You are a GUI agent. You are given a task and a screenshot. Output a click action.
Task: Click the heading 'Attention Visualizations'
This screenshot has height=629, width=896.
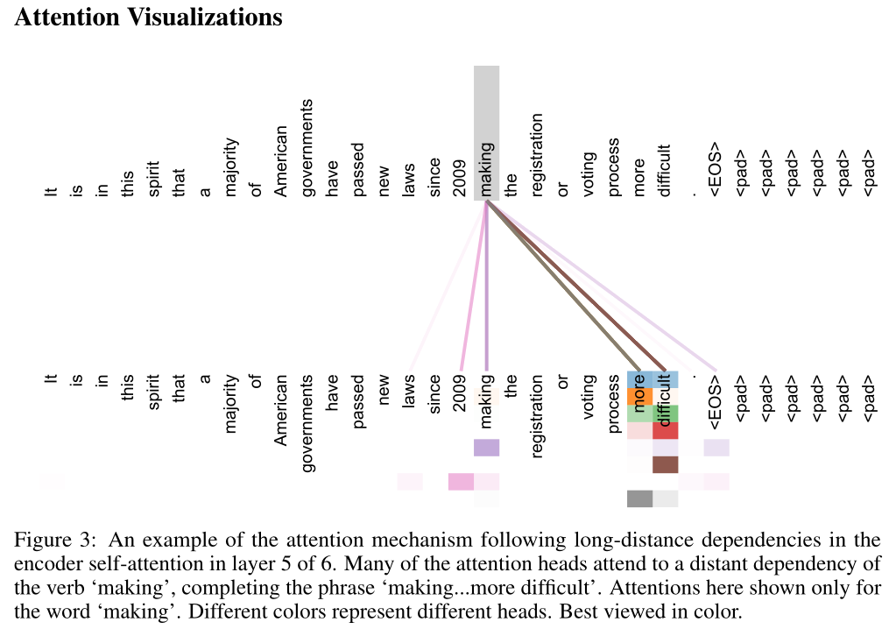tap(149, 17)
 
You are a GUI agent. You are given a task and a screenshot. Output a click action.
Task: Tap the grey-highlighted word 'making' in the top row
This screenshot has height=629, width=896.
tap(486, 166)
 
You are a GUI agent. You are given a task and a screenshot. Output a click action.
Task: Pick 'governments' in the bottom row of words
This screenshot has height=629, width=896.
tap(307, 423)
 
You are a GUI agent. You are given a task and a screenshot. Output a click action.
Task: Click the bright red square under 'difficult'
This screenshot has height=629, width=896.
tap(666, 430)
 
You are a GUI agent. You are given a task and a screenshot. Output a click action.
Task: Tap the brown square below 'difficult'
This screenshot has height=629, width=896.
tap(666, 464)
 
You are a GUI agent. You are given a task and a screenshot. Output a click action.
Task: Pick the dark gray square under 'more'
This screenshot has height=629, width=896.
tap(639, 498)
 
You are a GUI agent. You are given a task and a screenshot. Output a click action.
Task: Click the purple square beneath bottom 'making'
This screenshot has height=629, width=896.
tap(486, 448)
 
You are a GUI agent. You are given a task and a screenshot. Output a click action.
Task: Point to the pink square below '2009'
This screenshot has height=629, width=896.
tap(461, 482)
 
